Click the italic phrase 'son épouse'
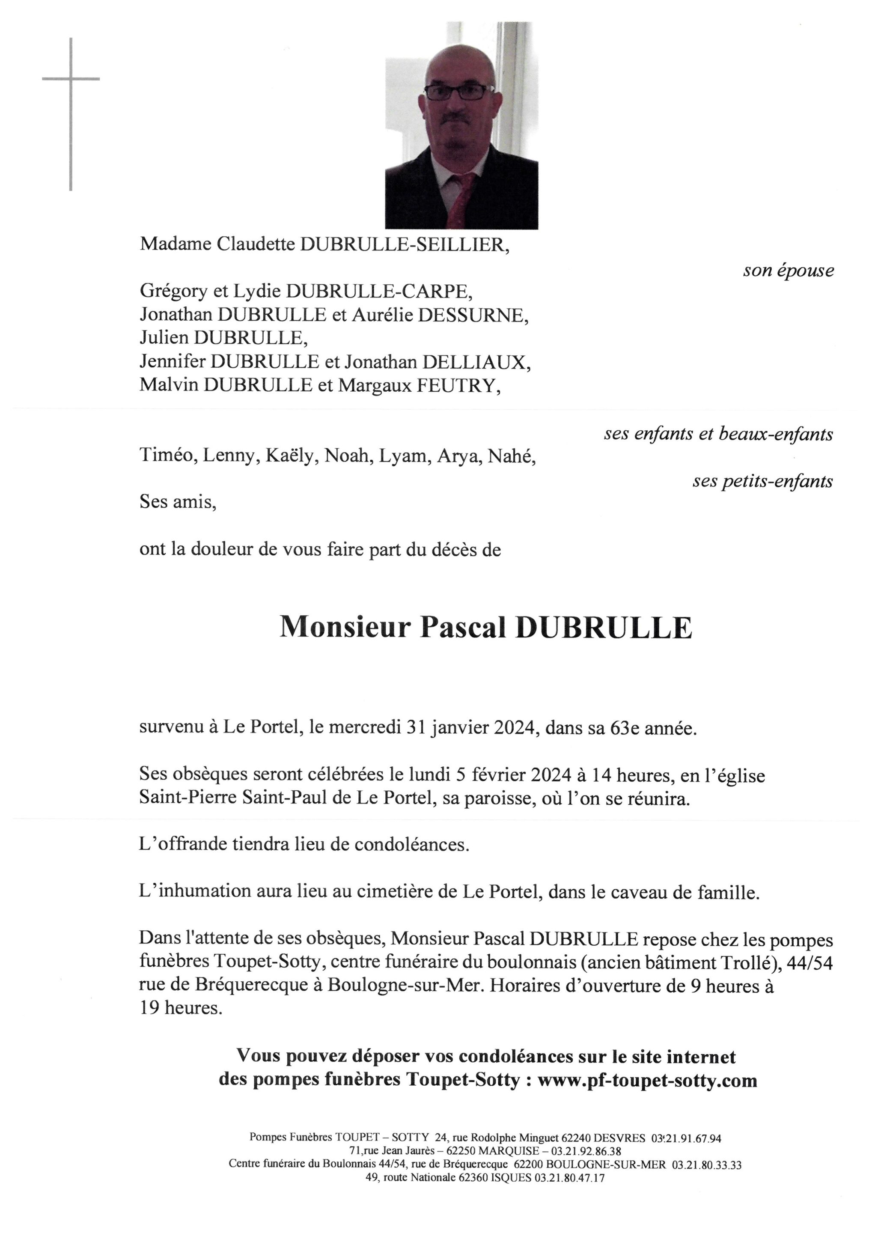click(788, 271)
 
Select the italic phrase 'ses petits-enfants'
click(762, 481)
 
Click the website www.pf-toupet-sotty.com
click(647, 1080)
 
